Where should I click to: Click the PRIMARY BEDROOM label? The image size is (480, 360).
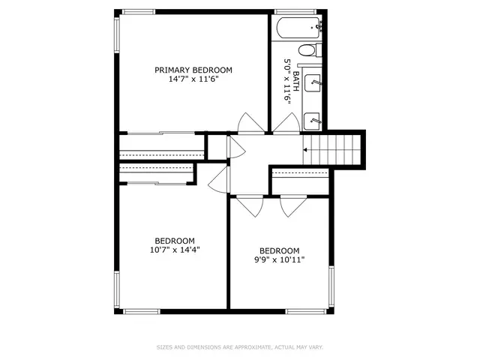pos(193,70)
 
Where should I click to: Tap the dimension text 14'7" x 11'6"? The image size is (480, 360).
pos(193,79)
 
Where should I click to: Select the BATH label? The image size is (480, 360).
pos(296,82)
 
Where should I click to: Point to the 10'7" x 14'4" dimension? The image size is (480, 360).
pos(175,250)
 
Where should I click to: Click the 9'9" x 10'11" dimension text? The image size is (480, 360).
pos(279,260)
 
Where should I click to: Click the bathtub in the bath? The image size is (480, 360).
pos(299,28)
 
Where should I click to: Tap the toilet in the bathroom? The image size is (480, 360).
pos(310,50)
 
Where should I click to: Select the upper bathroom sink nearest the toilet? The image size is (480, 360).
pos(313,82)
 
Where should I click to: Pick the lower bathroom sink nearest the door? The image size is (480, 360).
pos(312,121)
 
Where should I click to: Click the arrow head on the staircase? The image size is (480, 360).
pos(305,150)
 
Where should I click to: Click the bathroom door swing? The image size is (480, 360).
pos(286,123)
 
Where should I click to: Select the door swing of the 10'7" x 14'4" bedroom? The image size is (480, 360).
pos(218,180)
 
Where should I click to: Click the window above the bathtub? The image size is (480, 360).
pos(295,12)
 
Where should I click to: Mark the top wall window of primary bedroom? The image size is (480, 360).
pos(139,12)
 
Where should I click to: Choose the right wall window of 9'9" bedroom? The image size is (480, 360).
pos(331,287)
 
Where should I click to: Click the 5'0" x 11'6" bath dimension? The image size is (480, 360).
pos(286,82)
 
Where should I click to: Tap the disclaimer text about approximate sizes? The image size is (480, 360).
pos(240,347)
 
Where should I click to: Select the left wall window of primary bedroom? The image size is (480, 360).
pos(117,34)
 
